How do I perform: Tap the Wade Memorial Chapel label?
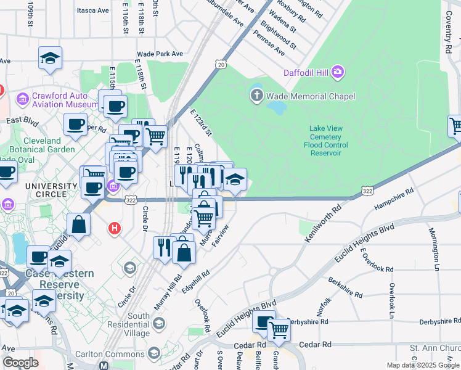coord(311,96)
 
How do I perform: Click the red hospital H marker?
coord(114,229)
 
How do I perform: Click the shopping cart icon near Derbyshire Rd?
coord(278,331)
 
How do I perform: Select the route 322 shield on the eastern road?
coord(368,192)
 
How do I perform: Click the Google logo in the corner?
coord(21,363)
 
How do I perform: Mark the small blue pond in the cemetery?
coord(277,108)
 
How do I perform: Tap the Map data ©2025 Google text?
coord(422,365)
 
